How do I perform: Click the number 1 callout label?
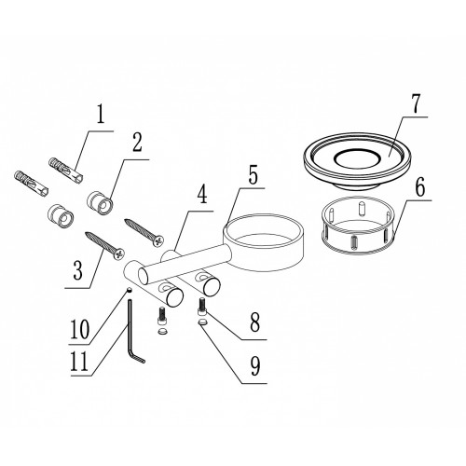(x=100, y=116)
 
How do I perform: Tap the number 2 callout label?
(x=136, y=143)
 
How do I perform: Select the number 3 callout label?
(x=77, y=269)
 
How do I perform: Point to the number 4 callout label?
(x=202, y=194)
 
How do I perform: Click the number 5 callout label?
(x=254, y=175)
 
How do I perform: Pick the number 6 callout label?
(x=419, y=187)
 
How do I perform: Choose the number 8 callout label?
(x=254, y=322)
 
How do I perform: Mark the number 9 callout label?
(x=254, y=366)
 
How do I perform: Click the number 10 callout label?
(x=80, y=329)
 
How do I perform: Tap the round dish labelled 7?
(x=357, y=161)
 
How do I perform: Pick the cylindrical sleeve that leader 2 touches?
(x=100, y=203)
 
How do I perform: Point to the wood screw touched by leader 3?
(x=104, y=245)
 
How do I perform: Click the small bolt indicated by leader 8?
(x=201, y=307)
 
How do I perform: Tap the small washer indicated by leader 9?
(x=202, y=322)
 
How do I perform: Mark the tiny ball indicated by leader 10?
(x=130, y=290)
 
